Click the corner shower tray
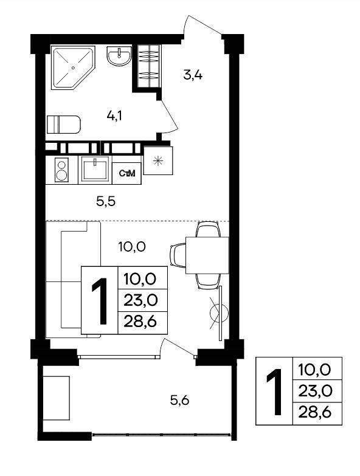[x=73, y=67]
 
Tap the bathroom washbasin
[x=119, y=56]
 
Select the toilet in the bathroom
[x=64, y=124]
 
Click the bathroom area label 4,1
[x=114, y=116]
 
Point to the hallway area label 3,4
[x=193, y=74]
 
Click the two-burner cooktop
[x=61, y=170]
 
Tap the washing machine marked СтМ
[x=126, y=173]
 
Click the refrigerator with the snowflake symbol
[x=158, y=160]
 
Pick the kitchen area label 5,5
[x=106, y=201]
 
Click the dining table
[x=207, y=255]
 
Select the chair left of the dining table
[x=178, y=255]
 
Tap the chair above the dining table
[x=207, y=230]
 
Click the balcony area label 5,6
[x=180, y=401]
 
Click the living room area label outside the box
[x=132, y=246]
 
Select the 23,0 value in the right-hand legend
[x=314, y=391]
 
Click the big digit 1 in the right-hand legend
[x=275, y=391]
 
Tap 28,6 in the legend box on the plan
[x=140, y=321]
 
